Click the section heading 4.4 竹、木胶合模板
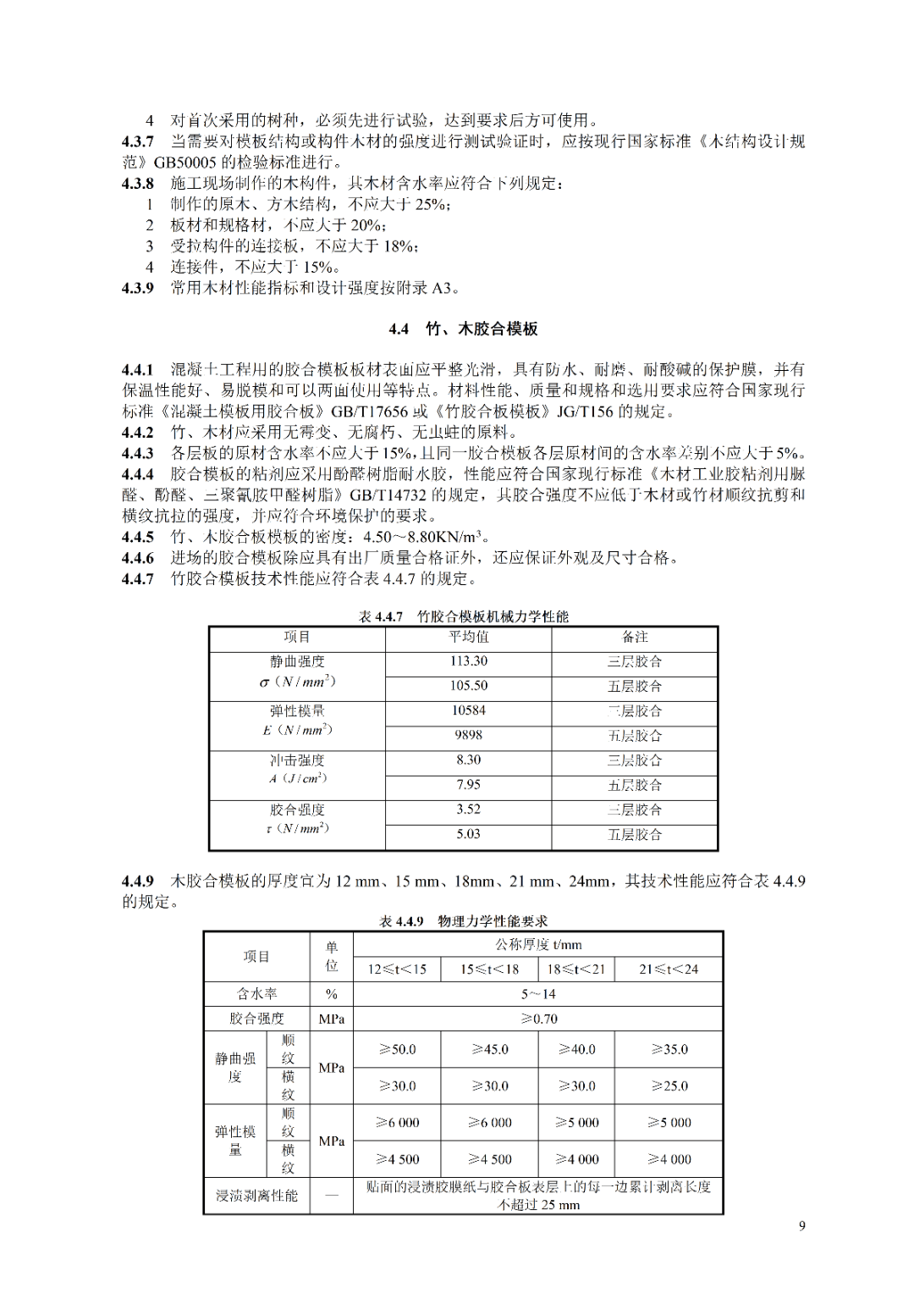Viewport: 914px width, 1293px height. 463,329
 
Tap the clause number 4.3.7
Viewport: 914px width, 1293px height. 137,141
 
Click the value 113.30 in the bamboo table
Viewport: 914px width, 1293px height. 468,661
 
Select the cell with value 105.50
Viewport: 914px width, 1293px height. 468,686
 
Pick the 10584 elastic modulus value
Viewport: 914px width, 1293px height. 468,710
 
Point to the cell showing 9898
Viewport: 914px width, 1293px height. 468,735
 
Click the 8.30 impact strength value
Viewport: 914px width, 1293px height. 468,760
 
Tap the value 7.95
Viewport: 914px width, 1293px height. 468,784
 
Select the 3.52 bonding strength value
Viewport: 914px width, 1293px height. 468,809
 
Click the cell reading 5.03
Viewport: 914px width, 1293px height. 468,834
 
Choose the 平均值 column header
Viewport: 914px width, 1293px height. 468,637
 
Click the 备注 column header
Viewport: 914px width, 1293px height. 635,637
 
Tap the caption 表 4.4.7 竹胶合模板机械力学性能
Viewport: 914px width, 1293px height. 463,616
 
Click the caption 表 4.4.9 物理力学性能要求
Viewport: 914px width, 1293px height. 463,921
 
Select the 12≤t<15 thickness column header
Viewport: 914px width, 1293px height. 397,969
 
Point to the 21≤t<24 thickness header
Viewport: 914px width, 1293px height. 669,969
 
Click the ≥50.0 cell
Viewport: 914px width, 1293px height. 397,1049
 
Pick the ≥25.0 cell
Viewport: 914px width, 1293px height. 669,1086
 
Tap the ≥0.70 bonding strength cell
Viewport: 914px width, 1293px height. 538,1019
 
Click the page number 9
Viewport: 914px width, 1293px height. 801,1225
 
